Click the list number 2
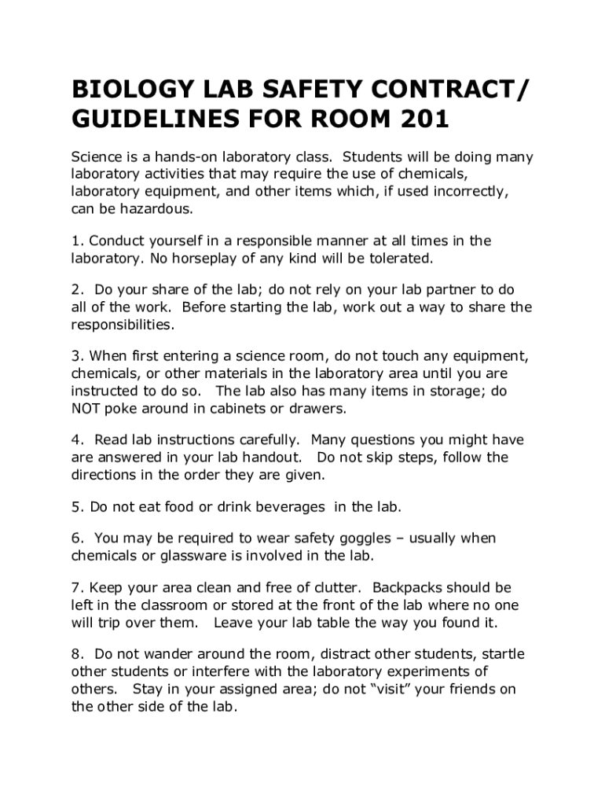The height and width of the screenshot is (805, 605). [x=76, y=290]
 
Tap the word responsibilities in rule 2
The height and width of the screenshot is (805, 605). [x=123, y=324]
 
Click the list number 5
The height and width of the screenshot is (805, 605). [x=76, y=507]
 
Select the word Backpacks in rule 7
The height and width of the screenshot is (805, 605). [x=409, y=587]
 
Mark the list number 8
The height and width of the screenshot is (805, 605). [x=76, y=654]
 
